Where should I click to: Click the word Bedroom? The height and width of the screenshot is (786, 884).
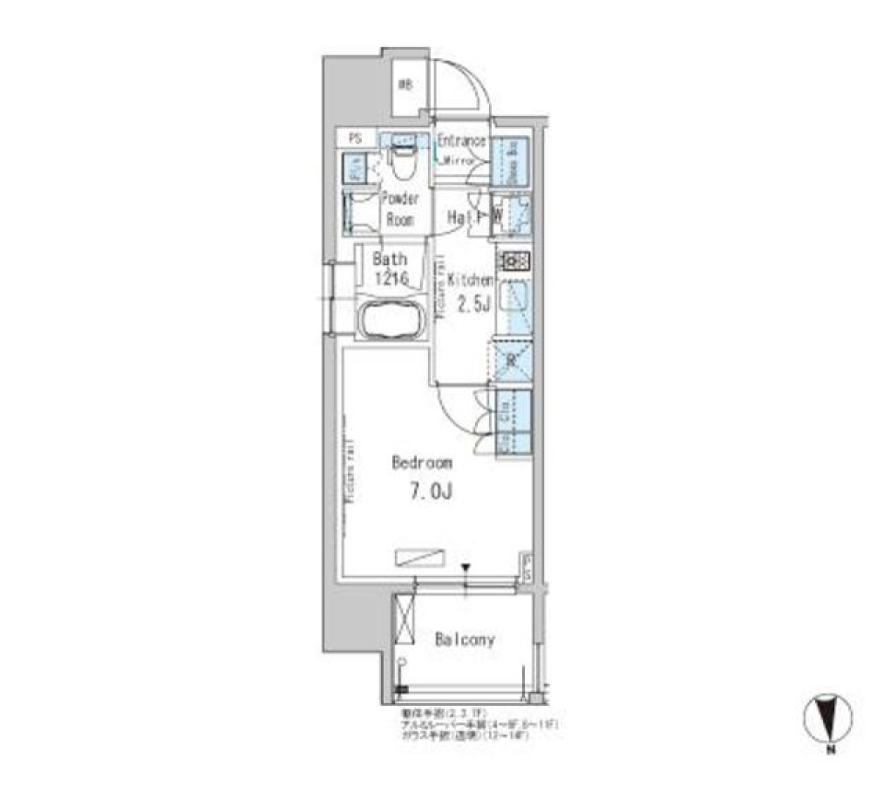[x=422, y=463]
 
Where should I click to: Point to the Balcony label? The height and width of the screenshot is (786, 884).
[x=464, y=639]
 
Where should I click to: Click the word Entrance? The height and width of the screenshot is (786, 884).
[x=460, y=141]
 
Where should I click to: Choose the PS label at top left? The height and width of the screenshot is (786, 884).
[x=355, y=139]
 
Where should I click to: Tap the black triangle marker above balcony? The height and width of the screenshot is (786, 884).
[x=466, y=568]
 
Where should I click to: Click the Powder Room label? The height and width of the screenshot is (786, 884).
[x=400, y=209]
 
